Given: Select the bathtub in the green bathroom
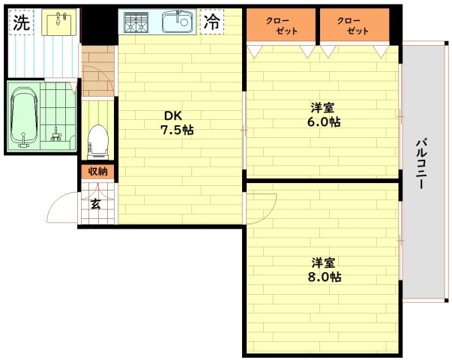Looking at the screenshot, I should coord(25,116).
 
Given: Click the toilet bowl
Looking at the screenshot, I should coord(97,139).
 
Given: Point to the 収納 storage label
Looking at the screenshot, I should coord(98,172).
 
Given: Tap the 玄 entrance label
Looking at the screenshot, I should coord(97,204).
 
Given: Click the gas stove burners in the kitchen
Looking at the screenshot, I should coord(137,22).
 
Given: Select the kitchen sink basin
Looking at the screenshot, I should coord(178,22).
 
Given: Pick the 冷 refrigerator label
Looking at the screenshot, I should coord(213,22).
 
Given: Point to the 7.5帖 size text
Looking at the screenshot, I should coord(177,130).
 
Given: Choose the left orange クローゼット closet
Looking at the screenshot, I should coord(281,25).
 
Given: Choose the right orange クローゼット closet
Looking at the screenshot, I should coord(352,25).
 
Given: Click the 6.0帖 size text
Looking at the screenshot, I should coord(323,122).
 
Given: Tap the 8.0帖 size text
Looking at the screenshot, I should coord(324,277).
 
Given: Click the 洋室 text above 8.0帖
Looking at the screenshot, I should coord(324,262).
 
